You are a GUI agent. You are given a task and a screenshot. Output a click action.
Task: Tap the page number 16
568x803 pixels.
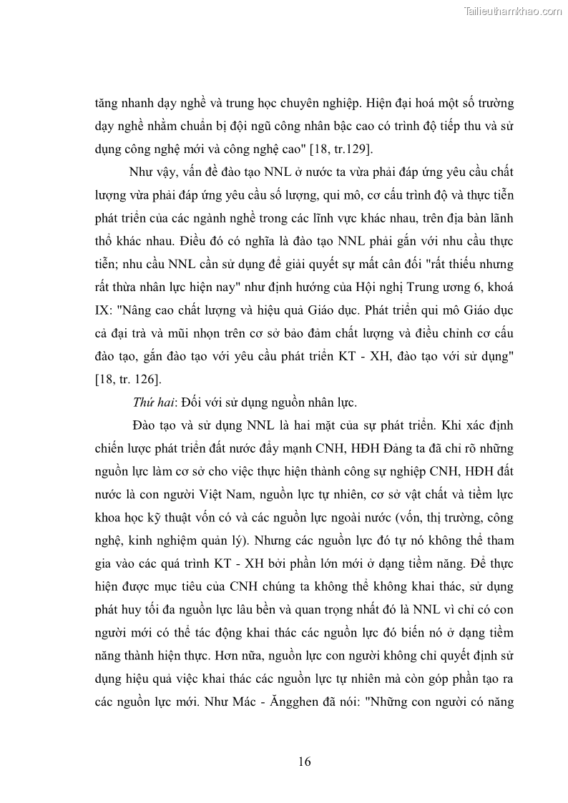305,761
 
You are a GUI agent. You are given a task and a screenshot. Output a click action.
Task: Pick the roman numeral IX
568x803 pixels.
104,310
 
